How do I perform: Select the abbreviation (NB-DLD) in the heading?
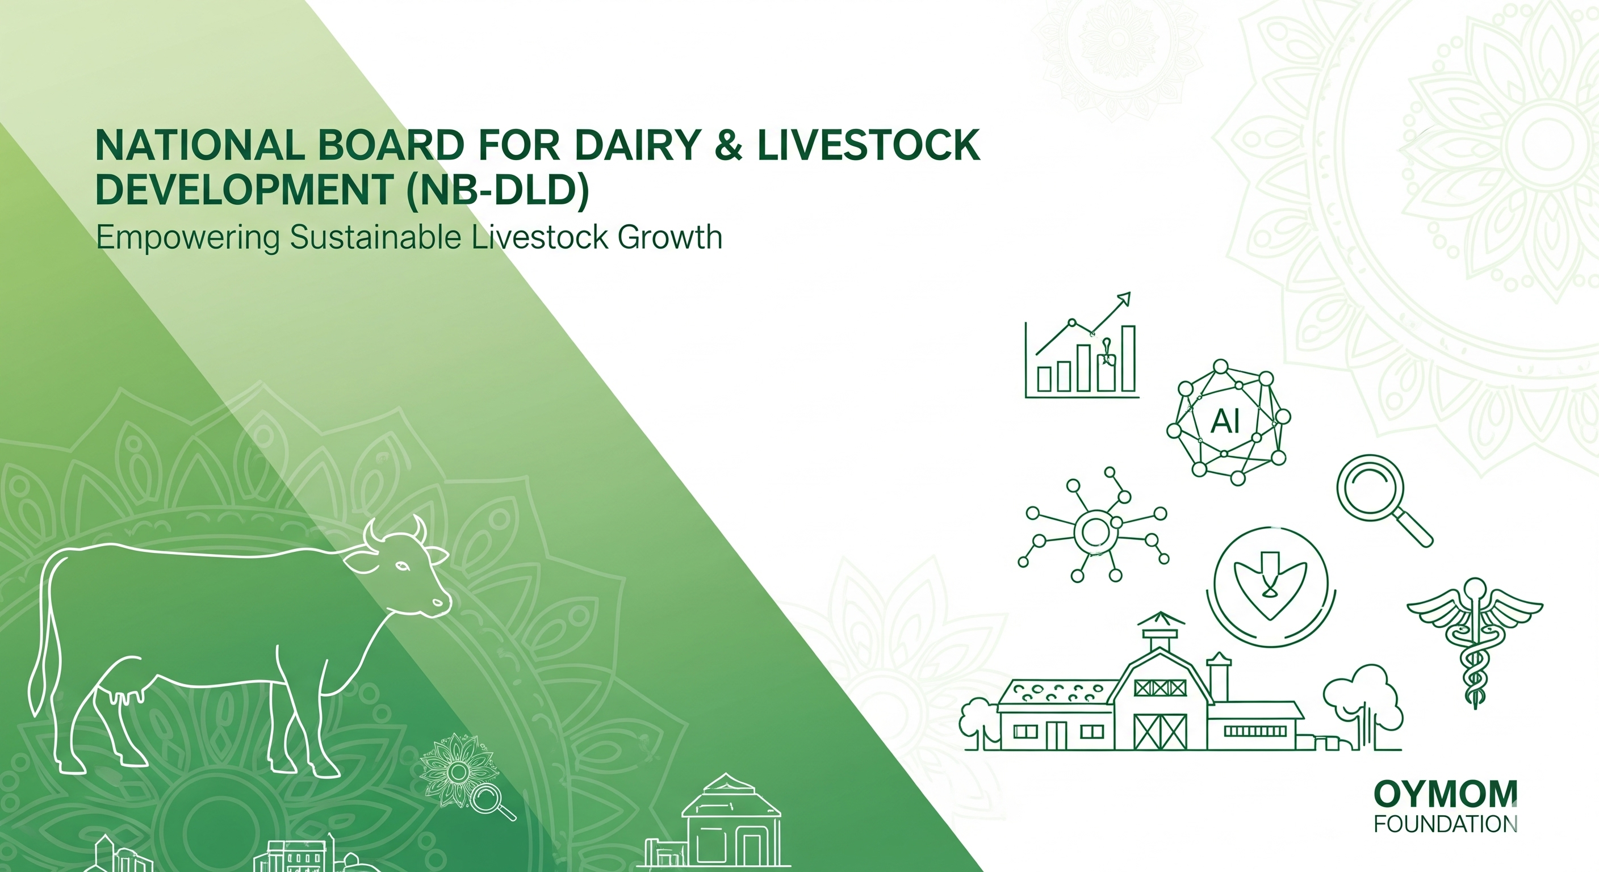pyautogui.click(x=497, y=190)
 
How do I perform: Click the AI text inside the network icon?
pyautogui.click(x=1225, y=422)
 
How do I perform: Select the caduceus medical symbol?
pyautogui.click(x=1475, y=643)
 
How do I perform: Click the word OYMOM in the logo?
pyautogui.click(x=1445, y=794)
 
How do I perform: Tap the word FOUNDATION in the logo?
pyautogui.click(x=1445, y=824)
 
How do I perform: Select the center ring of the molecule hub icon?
pyautogui.click(x=1095, y=531)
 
